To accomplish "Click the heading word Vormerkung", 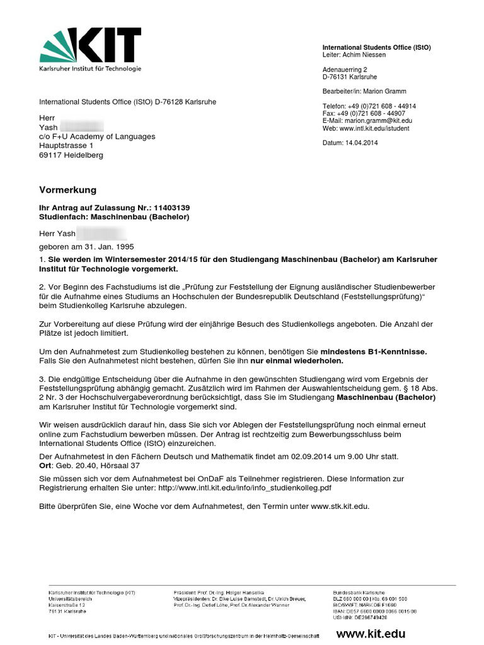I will [68, 190].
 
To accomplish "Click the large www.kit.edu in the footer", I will [371, 634].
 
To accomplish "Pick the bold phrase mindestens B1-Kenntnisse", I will [374, 351].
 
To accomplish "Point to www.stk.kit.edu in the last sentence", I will [340, 506].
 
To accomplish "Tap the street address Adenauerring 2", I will [345, 69].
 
